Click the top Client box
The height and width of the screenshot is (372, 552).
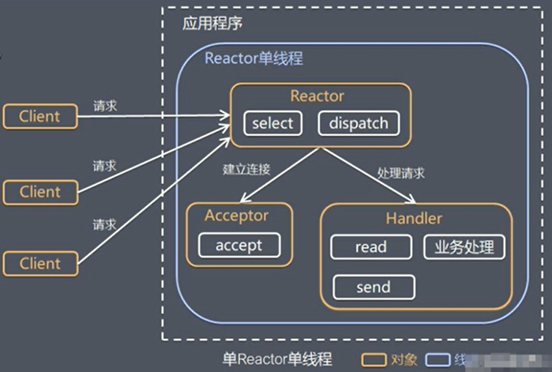pyautogui.click(x=40, y=116)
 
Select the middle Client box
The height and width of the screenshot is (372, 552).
pyautogui.click(x=40, y=191)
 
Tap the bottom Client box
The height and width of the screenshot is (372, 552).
pyautogui.click(x=40, y=263)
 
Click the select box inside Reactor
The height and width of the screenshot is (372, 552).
pyautogui.click(x=272, y=123)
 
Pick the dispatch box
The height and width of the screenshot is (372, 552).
pyautogui.click(x=359, y=123)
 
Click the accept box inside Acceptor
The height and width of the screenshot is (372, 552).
pyautogui.click(x=239, y=245)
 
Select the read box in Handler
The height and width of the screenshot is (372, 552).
pyautogui.click(x=371, y=247)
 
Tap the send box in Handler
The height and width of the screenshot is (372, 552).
pyautogui.click(x=374, y=286)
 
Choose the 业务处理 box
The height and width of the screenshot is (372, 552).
pyautogui.click(x=464, y=247)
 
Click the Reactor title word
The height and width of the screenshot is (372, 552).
pyautogui.click(x=317, y=96)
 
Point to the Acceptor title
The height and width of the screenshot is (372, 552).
pyautogui.click(x=237, y=216)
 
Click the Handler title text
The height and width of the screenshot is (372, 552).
pyautogui.click(x=415, y=219)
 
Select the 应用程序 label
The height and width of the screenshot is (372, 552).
pyautogui.click(x=212, y=23)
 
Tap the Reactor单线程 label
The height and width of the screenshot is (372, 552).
pyautogui.click(x=253, y=58)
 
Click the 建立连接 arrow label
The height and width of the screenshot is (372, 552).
pyautogui.click(x=247, y=168)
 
